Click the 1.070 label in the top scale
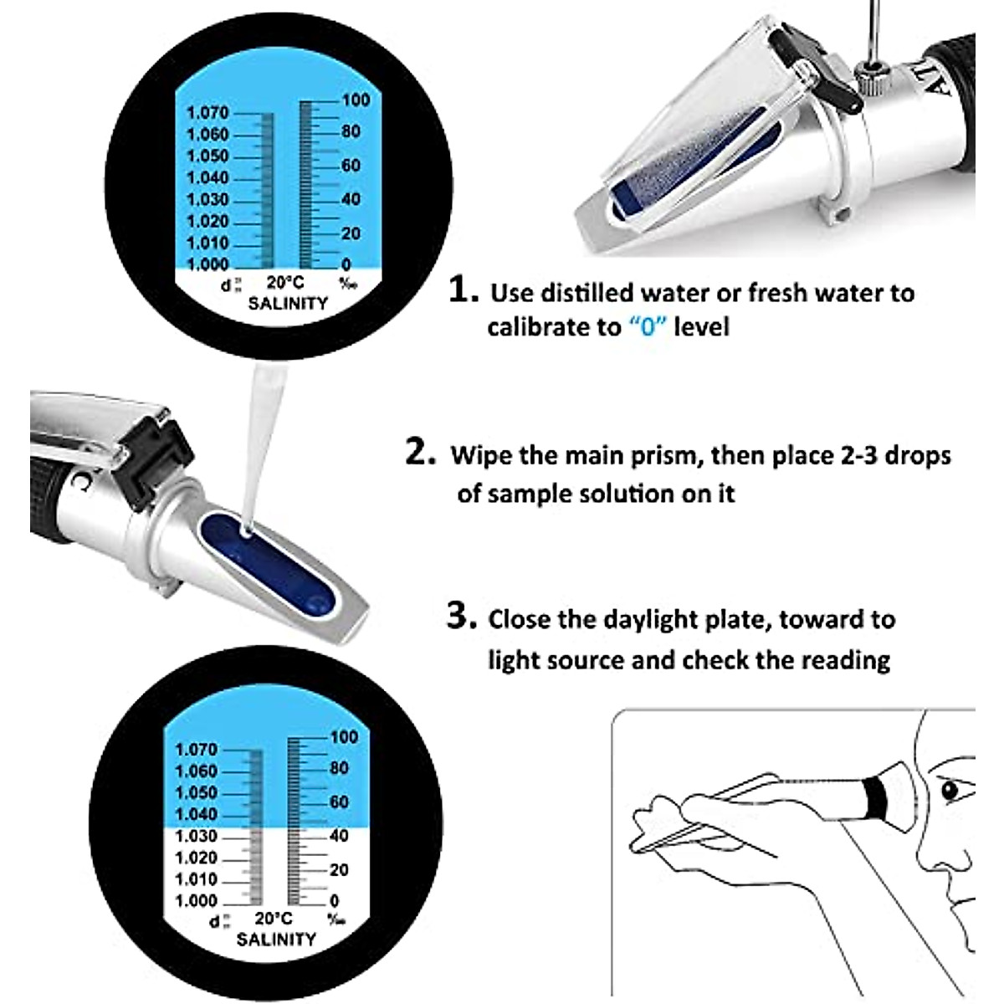point(207,112)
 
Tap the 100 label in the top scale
point(355,100)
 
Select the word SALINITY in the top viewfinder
point(288,304)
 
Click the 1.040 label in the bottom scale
point(196,814)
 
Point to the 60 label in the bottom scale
point(339,802)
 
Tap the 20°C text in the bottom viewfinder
point(274,919)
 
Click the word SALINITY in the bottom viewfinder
point(276,940)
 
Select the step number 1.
point(464,290)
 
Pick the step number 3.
point(461,617)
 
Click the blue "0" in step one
point(648,326)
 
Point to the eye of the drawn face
point(949,790)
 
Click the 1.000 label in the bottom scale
point(196,901)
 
